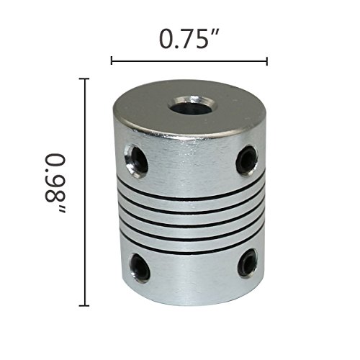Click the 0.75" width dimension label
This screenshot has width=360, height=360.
(x=189, y=39)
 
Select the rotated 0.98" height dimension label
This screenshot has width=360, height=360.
(x=55, y=183)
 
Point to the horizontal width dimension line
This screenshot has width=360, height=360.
(x=189, y=61)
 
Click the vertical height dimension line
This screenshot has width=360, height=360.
(x=84, y=192)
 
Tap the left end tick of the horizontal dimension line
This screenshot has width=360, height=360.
(x=112, y=61)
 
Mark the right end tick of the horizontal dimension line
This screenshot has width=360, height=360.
(x=267, y=61)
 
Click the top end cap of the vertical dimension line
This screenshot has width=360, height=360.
(x=84, y=78)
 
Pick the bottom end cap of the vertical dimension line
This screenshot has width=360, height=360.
(x=84, y=305)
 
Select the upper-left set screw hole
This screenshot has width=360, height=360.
(x=137, y=160)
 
